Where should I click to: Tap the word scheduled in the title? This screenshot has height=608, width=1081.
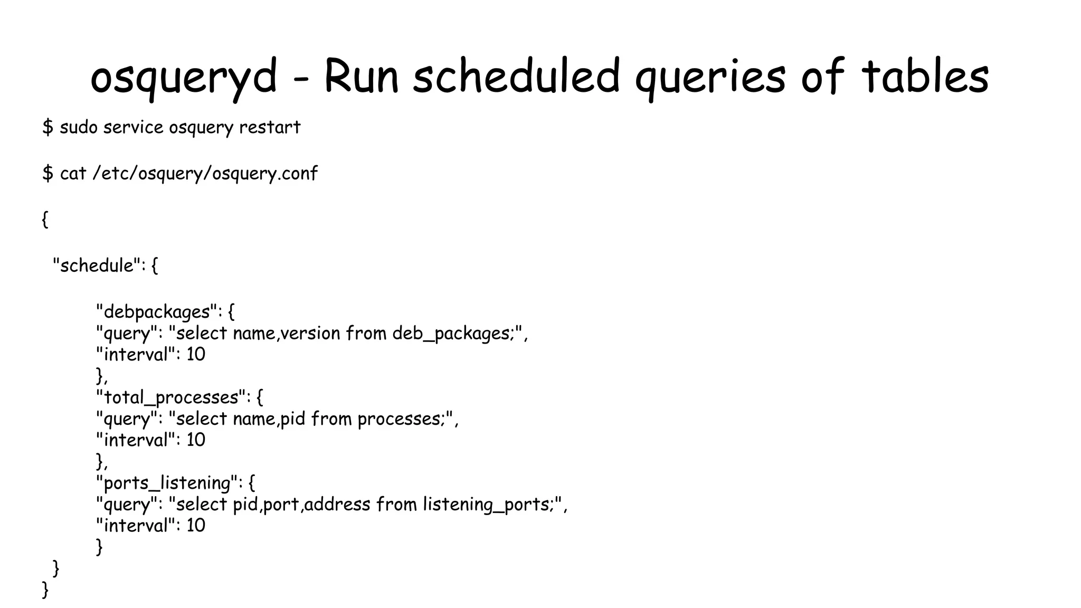[516, 77]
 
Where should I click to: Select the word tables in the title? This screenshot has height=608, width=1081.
[925, 77]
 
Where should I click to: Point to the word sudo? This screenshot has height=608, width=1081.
[78, 127]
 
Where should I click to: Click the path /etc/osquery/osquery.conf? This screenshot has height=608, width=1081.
[205, 174]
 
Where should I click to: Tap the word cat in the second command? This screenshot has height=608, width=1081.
[73, 174]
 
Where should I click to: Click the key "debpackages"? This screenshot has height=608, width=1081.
[156, 312]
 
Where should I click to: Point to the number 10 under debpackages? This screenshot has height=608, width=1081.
[195, 355]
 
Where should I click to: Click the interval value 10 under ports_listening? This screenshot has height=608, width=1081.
[195, 526]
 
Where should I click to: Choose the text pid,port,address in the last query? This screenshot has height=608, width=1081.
[301, 505]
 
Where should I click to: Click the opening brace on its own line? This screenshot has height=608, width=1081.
[45, 219]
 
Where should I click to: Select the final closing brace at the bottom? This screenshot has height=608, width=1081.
[45, 590]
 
